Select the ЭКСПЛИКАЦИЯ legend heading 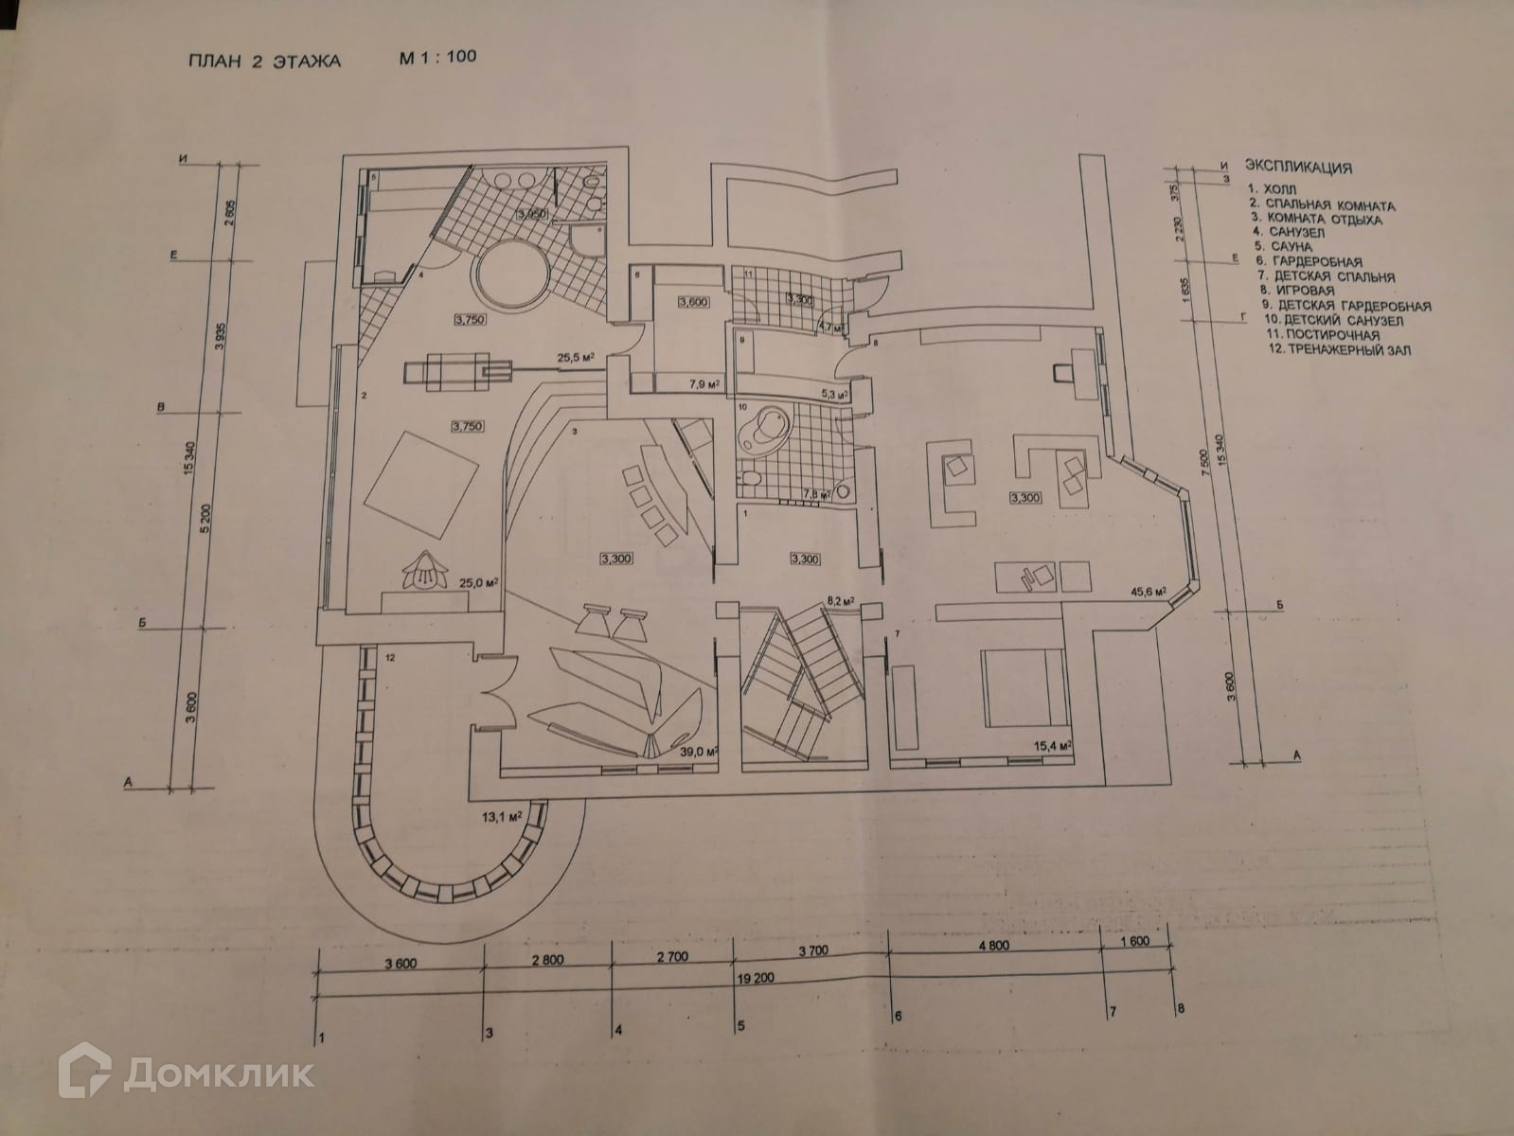[x=1297, y=168]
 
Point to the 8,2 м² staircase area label [x=840, y=599]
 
